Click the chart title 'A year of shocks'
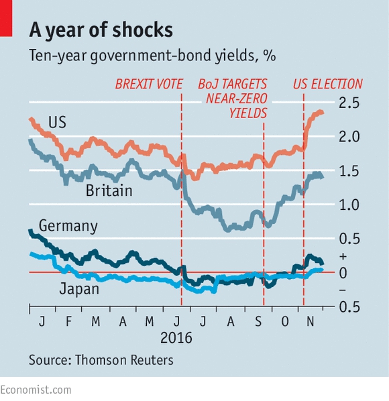[x=101, y=30]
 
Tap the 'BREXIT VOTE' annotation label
[x=149, y=84]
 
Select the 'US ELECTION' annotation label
[x=327, y=84]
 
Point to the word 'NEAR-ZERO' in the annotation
[x=237, y=99]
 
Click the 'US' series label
[x=57, y=122]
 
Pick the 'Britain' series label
[x=109, y=190]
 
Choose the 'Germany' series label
[x=68, y=226]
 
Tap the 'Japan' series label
[x=79, y=289]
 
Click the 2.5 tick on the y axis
[x=349, y=103]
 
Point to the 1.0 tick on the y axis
[x=349, y=205]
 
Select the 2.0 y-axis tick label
[x=349, y=137]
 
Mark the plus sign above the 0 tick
[x=343, y=256]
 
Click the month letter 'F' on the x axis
[x=68, y=321]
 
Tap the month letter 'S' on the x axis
[x=258, y=321]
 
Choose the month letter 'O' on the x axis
[x=285, y=321]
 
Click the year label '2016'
[x=176, y=338]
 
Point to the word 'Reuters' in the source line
[x=152, y=360]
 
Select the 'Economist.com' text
[x=36, y=390]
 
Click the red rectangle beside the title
[x=6, y=18]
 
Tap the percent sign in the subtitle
[x=270, y=56]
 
